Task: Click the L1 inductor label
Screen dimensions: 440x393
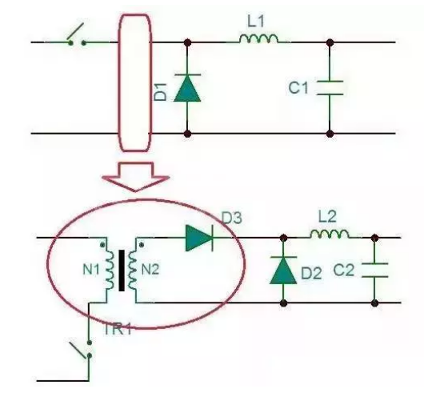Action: click(256, 22)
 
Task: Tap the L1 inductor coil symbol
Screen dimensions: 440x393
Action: click(258, 38)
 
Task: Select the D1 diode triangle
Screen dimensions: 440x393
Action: click(187, 88)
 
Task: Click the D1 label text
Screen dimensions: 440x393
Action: click(161, 92)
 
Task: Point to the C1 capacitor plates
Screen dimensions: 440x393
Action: click(330, 88)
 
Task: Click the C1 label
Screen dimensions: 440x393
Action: click(298, 88)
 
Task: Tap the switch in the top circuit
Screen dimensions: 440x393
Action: click(76, 34)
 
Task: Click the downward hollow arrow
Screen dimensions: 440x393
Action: click(135, 177)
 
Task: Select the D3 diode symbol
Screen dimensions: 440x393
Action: click(199, 238)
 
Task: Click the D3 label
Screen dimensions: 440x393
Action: click(231, 218)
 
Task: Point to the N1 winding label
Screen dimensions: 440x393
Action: click(91, 270)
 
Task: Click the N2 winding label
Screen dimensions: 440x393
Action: click(150, 270)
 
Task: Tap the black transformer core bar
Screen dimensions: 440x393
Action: click(122, 271)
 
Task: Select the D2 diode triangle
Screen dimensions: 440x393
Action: click(283, 270)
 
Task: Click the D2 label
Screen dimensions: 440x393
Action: click(311, 274)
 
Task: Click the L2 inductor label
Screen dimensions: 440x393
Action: click(327, 217)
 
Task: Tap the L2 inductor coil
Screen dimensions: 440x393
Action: click(330, 234)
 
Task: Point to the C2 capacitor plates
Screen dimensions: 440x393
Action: click(375, 271)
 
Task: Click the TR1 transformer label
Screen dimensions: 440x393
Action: click(118, 329)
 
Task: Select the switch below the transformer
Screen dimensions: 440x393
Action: click(82, 350)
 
